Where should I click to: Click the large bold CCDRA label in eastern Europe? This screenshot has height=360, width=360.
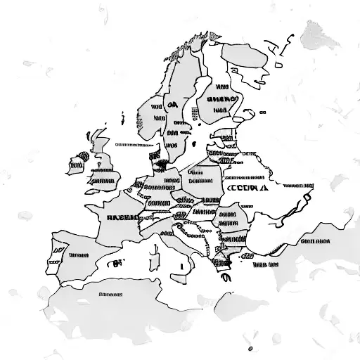(247, 188)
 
